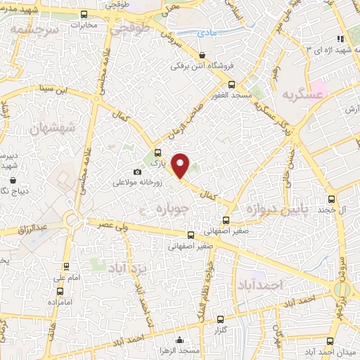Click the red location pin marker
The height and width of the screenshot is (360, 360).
(x=181, y=165)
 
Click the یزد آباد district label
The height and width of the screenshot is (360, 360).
(x=127, y=266)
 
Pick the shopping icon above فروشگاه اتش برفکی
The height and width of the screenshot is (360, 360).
(x=202, y=55)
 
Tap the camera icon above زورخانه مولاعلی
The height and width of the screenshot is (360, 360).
(x=137, y=172)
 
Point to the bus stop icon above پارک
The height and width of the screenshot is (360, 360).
(x=157, y=153)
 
